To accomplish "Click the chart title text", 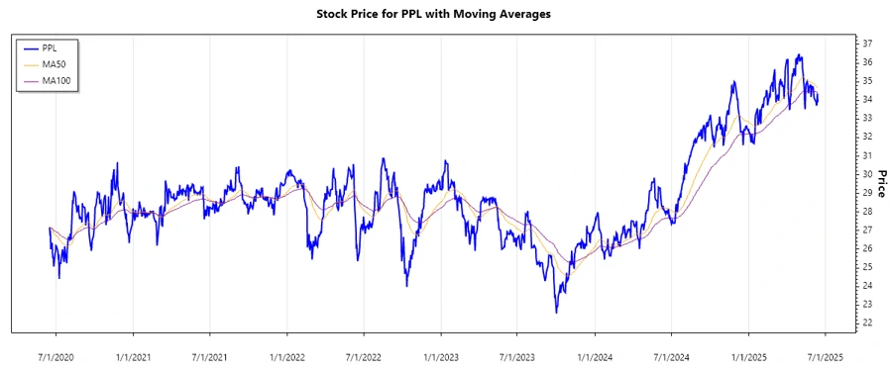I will coord(446,14).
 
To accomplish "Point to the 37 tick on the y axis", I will coord(866,44).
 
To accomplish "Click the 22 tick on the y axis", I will coord(866,323).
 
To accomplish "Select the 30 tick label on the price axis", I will coord(866,174).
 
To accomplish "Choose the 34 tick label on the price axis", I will coord(866,100).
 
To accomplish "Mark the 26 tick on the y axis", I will coord(866,248).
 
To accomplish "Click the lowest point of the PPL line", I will coord(556,313).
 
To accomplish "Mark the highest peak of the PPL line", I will coord(799,55).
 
